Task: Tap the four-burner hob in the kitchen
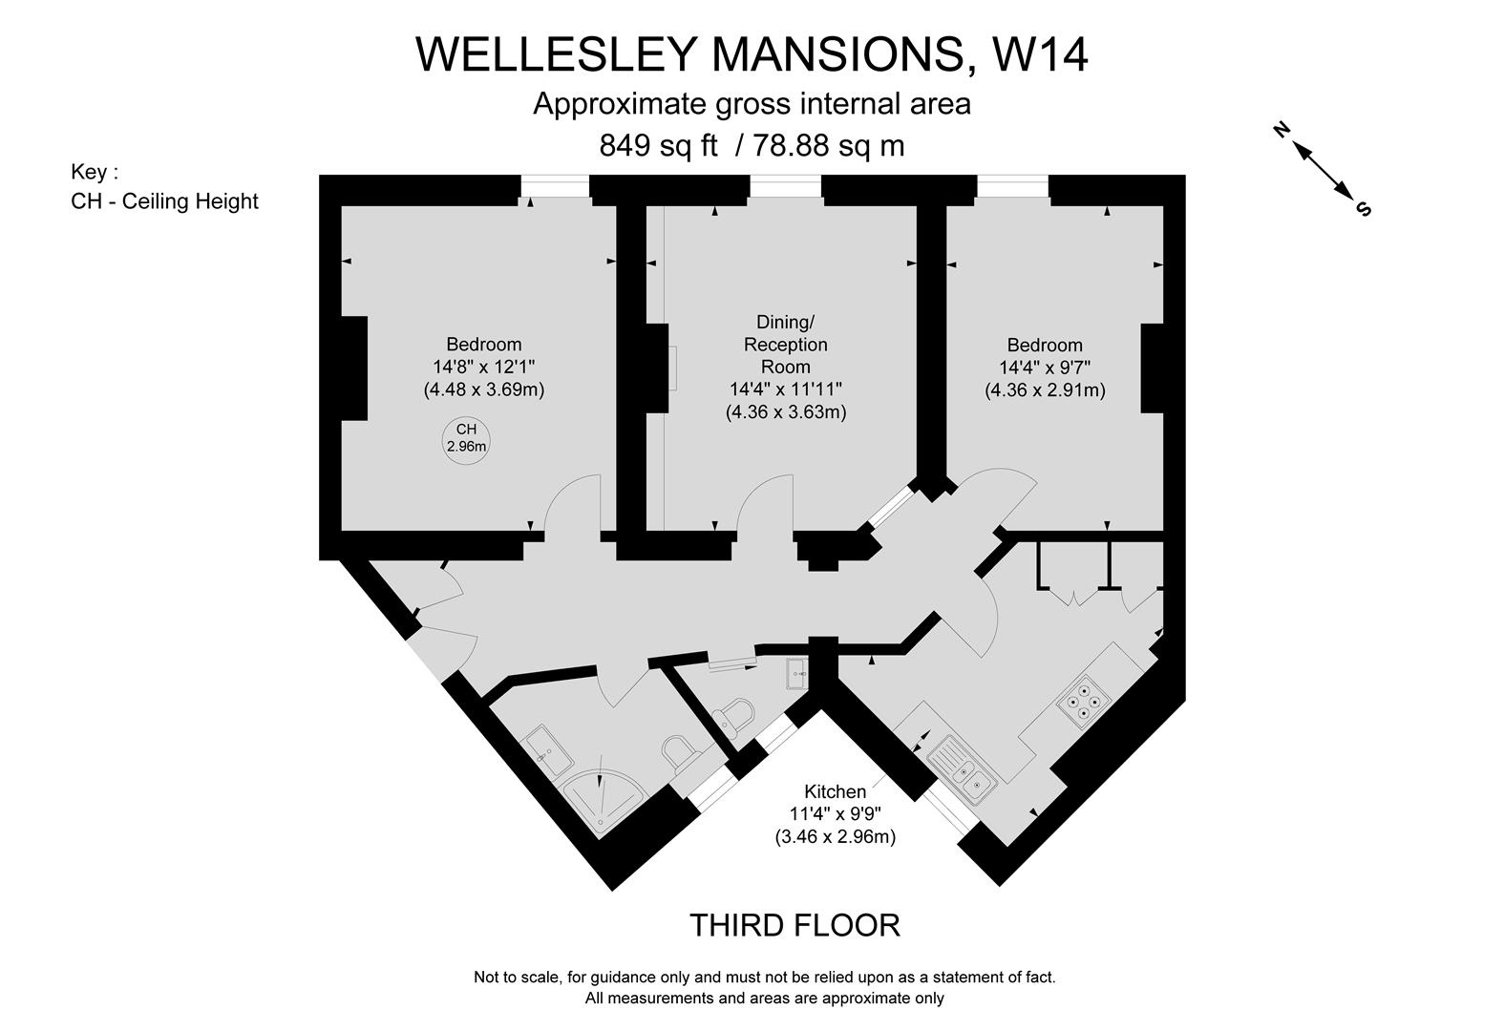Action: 1083,701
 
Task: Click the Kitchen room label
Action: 835,791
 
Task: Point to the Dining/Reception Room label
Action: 785,344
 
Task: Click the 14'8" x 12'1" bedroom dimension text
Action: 483,367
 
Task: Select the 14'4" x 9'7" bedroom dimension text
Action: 1045,368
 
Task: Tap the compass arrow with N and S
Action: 1324,169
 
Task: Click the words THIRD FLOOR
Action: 794,925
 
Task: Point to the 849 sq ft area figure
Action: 658,145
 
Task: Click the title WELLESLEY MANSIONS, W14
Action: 752,54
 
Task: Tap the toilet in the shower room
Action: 678,751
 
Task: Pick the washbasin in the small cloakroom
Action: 797,673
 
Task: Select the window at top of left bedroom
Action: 555,188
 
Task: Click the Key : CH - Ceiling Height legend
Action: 164,187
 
